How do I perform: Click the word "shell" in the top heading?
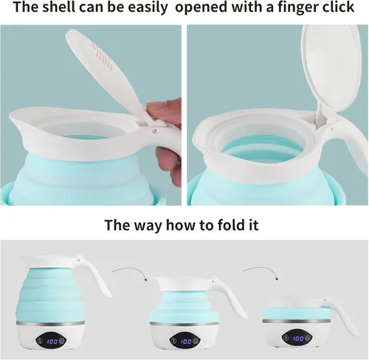pos(59,7)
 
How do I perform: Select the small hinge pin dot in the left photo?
pos(154,131)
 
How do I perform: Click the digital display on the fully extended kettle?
pos(52,341)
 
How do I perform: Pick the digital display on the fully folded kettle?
pos(297,339)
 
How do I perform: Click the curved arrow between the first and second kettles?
pos(131,271)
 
